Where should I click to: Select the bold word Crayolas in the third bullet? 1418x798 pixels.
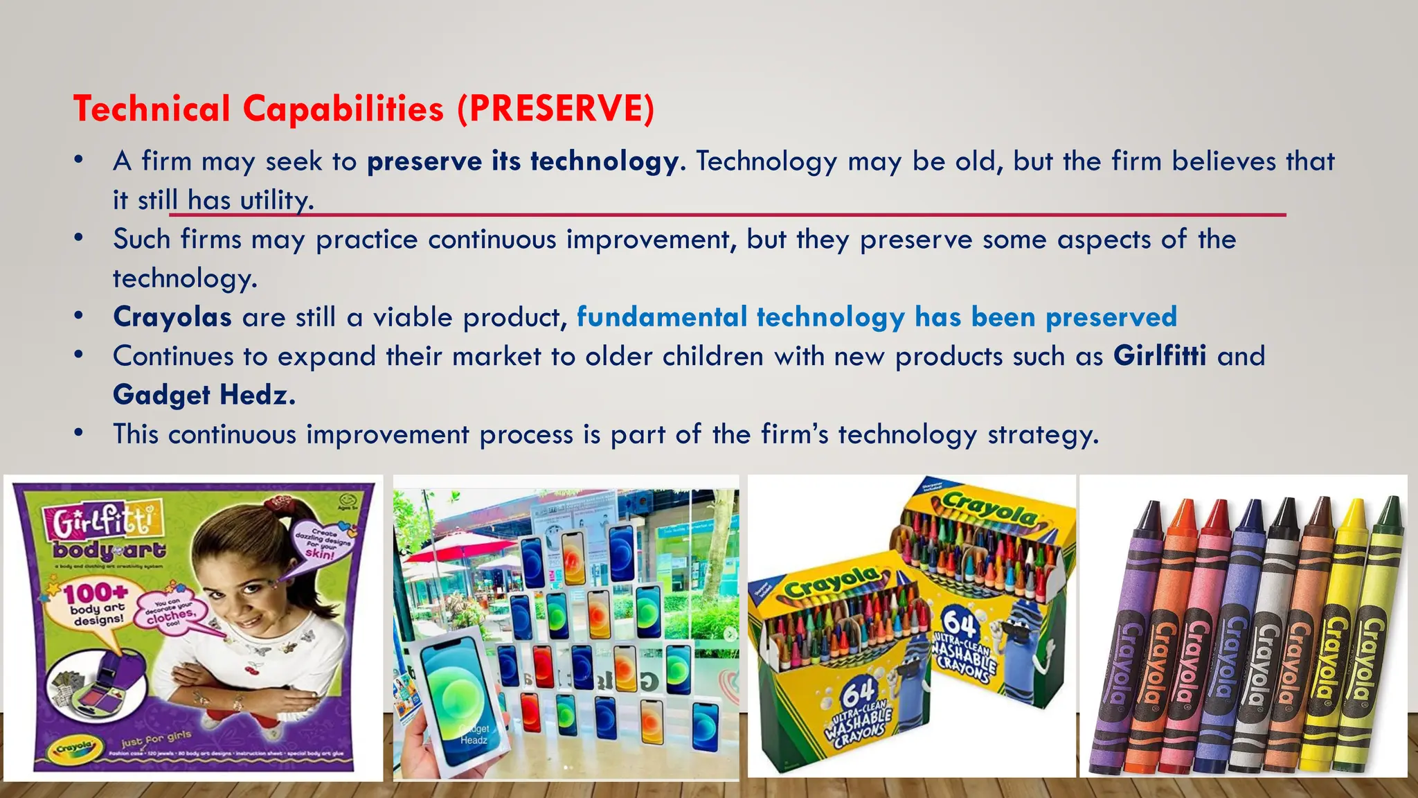pos(172,317)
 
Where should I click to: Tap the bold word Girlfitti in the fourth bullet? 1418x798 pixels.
pos(1160,356)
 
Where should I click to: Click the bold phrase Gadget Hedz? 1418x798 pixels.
pos(204,395)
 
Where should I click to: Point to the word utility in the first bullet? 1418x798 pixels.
pos(276,200)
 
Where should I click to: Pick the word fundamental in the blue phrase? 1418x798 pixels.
pos(661,317)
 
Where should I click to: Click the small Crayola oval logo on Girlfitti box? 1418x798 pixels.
pos(74,747)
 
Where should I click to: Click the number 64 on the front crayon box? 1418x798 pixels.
pos(859,691)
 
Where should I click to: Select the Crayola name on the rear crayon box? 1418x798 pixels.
pos(990,510)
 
